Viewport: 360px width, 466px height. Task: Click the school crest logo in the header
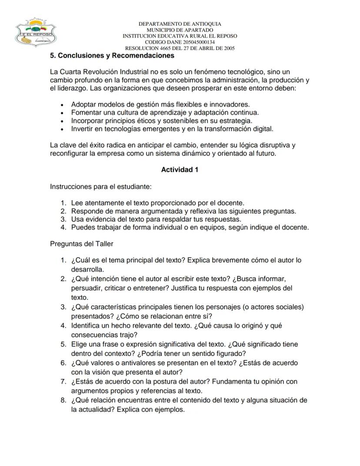point(35,33)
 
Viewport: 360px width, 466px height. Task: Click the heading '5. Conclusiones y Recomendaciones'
point(112,56)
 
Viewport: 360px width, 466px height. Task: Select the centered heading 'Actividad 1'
point(180,170)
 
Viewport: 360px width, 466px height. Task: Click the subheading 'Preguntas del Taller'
point(82,244)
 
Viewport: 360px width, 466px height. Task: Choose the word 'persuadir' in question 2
point(87,288)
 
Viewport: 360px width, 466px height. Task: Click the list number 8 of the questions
point(63,400)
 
